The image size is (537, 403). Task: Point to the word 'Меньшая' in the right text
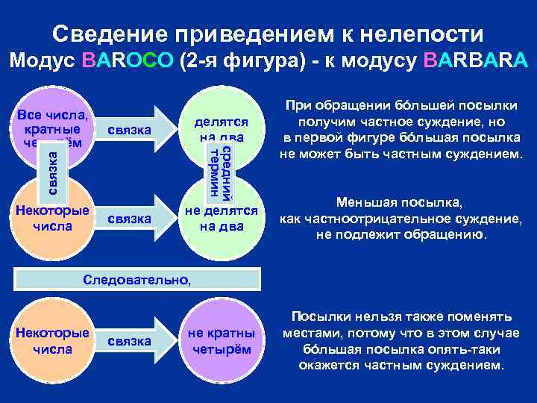(x=363, y=202)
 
